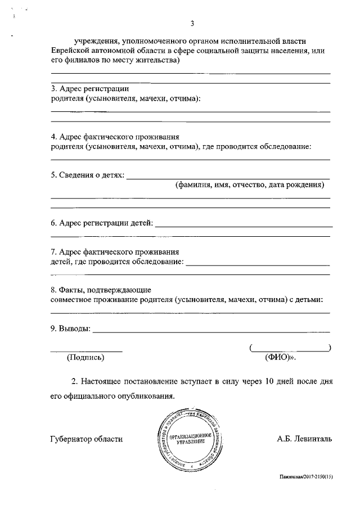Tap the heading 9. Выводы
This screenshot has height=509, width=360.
tap(70, 328)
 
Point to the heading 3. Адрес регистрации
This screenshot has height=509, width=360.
tap(90, 88)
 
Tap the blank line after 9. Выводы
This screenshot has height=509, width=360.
tap(211, 332)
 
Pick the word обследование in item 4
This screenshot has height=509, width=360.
tap(285, 146)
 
